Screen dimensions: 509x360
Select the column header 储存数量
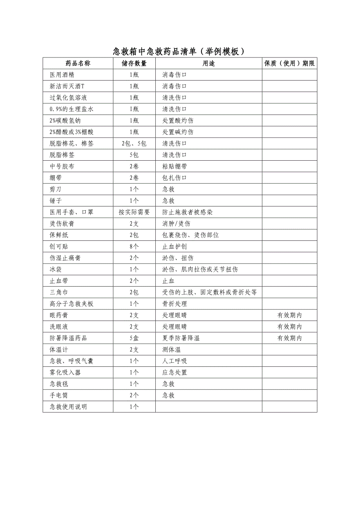pos(134,63)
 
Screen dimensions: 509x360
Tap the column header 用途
pos(209,63)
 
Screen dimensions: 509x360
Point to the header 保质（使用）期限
pos(290,63)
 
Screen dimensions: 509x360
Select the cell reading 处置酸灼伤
pos(178,120)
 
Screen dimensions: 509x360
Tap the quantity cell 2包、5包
pos(134,143)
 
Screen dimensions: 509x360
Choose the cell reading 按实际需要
pos(134,212)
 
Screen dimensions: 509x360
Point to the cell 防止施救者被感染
pos(187,212)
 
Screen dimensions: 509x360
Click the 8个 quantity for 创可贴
pos(134,247)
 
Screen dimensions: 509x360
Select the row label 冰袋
pos(56,269)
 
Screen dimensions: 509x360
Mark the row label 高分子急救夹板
pos(72,304)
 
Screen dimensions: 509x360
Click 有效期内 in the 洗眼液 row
pos(290,327)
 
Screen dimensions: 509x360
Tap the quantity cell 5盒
pos(134,338)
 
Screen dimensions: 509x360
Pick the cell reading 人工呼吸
pos(175,361)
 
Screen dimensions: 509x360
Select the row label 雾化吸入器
pos(65,373)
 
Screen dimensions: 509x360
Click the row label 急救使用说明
pos(68,407)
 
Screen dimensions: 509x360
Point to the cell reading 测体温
pos(171,349)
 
